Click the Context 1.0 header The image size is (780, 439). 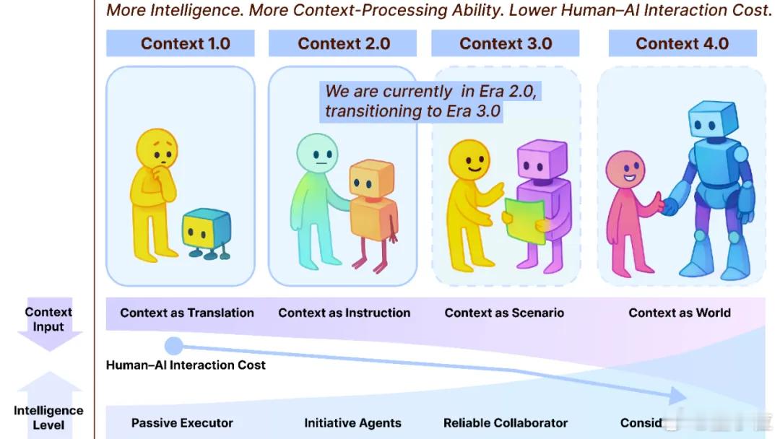pos(185,43)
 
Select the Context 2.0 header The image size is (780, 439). pos(344,43)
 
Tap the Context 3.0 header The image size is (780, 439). pos(506,43)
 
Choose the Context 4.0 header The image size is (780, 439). pos(682,43)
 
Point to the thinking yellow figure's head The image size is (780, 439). pos(157,150)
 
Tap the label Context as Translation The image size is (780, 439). pos(187,313)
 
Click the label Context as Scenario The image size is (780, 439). pos(504,313)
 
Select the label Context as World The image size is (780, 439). pos(680,313)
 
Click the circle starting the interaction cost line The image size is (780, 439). pos(174,346)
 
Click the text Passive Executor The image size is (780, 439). pos(182,423)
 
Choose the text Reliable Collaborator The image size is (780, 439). pos(506,423)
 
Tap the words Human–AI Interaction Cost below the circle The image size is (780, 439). pos(186,365)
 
